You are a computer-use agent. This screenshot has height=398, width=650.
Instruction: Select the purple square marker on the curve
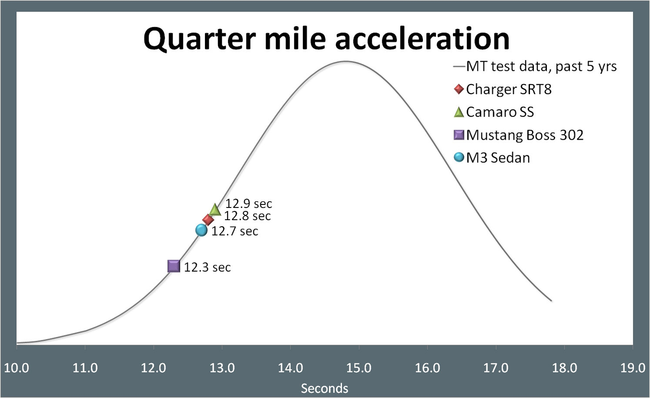click(174, 266)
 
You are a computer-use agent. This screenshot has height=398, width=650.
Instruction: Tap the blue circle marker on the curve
click(201, 230)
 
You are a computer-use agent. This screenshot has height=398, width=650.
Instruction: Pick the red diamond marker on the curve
click(208, 220)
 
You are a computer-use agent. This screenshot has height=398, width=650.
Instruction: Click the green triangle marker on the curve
click(215, 210)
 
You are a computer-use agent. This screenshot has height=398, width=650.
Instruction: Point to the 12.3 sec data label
click(207, 267)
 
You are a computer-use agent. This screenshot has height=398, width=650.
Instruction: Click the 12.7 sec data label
click(234, 231)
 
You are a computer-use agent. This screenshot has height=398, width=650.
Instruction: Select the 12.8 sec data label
click(247, 216)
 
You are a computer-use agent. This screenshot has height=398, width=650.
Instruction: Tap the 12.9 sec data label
click(249, 204)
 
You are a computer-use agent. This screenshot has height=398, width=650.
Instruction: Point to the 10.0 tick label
click(16, 368)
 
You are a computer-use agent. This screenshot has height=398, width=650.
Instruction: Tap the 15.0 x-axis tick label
click(359, 368)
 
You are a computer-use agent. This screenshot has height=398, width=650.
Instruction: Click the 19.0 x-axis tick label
click(633, 368)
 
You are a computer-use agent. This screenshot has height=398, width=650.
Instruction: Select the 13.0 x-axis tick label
click(222, 368)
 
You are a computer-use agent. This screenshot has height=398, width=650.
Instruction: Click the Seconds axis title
click(325, 388)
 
